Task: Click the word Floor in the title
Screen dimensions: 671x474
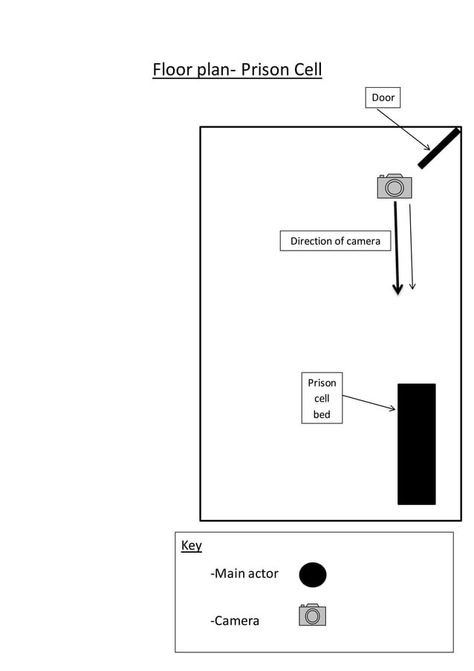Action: [x=172, y=70]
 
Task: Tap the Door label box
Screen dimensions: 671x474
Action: [x=383, y=97]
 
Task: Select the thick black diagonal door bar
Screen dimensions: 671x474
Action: [x=438, y=148]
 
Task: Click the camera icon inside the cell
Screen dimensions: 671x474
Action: [x=394, y=186]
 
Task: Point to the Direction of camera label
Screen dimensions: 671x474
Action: [x=335, y=241]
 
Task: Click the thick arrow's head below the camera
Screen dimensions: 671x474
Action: [x=397, y=289]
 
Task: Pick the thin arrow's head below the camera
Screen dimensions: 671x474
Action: [x=412, y=286]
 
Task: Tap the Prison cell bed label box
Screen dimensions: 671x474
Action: [x=322, y=398]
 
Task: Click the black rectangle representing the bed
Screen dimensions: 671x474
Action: [x=416, y=444]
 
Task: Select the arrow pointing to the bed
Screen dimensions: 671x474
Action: [x=369, y=402]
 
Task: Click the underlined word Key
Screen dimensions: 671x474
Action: [x=191, y=545]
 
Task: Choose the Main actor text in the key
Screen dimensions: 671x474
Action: [x=244, y=574]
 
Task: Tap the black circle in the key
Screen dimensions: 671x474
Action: [x=313, y=574]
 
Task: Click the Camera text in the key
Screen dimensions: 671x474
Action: [x=235, y=620]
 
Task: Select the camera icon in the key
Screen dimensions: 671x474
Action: [x=313, y=615]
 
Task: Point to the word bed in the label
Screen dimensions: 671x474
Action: [x=322, y=414]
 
